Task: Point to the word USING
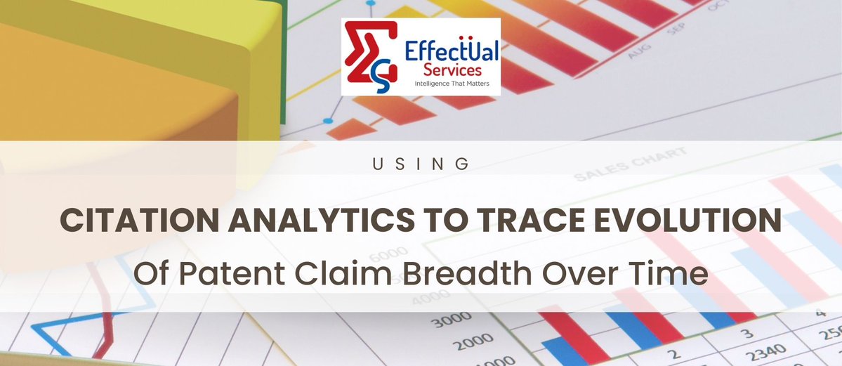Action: pos(421,164)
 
